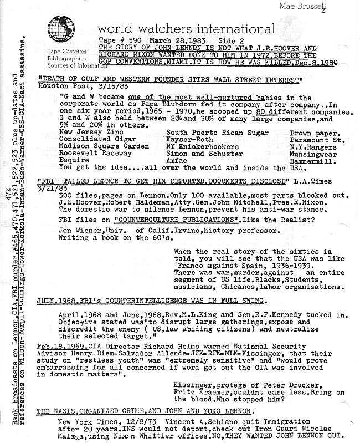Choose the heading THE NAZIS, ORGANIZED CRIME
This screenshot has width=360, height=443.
[x=143, y=411]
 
